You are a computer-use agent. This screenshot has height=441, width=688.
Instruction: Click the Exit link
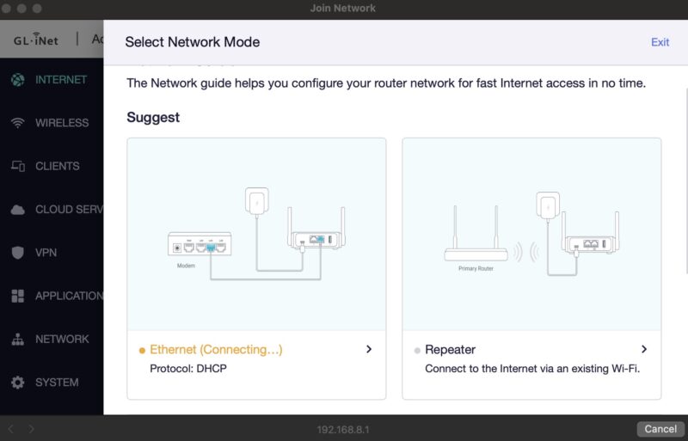click(660, 42)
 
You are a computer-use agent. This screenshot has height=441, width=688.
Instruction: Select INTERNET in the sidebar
click(60, 79)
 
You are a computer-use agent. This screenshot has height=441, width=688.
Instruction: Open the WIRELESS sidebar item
click(61, 123)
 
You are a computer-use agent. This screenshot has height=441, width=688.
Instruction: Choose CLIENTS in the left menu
click(57, 166)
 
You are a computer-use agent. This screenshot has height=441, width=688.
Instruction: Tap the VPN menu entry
click(46, 253)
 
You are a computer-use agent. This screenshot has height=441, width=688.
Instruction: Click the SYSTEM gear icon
click(17, 383)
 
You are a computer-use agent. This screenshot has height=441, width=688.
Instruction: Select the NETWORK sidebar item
click(61, 339)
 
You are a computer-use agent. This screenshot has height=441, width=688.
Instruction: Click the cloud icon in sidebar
click(17, 210)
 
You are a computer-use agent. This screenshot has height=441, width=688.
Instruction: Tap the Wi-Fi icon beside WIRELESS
click(17, 123)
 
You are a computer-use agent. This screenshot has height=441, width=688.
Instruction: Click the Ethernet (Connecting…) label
click(216, 350)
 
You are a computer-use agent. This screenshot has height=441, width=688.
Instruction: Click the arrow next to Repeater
click(644, 350)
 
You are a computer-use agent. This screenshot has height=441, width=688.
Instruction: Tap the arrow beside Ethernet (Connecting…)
click(369, 350)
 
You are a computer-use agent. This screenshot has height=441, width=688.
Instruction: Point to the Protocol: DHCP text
click(187, 369)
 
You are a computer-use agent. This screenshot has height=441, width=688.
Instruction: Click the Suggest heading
click(153, 117)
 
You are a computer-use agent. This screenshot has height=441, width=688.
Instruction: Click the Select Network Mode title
click(192, 42)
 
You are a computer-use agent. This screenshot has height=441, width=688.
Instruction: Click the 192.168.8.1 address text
click(343, 429)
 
